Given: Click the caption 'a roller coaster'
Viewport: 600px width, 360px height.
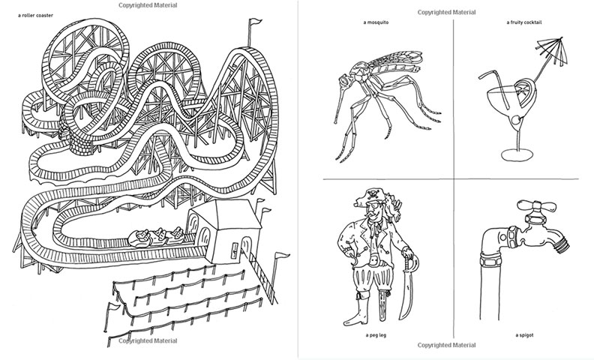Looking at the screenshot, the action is pos(35,16).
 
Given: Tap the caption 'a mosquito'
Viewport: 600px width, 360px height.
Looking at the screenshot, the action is pos(376,22).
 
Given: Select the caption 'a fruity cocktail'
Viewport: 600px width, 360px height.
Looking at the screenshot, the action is pos(523,22).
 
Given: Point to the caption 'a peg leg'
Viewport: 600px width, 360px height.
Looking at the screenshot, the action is pos(376,335).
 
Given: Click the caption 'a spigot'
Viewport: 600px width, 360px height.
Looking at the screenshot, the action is pos(523,335).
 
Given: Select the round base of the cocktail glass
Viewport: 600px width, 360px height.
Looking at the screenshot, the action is pos(517,155).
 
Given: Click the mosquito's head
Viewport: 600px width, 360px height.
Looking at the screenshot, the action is pos(345,81).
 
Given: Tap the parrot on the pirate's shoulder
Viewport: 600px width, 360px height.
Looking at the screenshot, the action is pos(392,208).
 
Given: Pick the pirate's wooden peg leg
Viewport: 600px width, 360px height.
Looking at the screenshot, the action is pos(382,306).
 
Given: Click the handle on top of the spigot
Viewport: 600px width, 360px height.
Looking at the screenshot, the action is pos(535,206).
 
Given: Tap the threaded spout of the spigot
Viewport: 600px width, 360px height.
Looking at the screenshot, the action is pos(562,242).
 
